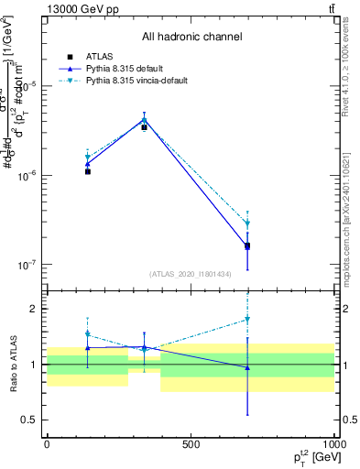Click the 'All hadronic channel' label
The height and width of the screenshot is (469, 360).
click(191, 37)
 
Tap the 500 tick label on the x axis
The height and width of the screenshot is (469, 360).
click(190, 444)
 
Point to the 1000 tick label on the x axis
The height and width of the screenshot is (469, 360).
click(333, 444)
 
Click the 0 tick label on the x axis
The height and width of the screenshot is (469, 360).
click(47, 444)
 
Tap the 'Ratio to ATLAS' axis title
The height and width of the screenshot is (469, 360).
click(12, 365)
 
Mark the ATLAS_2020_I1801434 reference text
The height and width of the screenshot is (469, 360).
click(191, 274)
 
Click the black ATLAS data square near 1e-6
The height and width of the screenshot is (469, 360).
click(88, 171)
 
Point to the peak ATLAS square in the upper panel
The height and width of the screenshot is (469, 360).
click(144, 127)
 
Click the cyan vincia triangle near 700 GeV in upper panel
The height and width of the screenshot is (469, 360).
click(247, 224)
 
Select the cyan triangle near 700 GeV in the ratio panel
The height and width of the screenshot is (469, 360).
click(247, 319)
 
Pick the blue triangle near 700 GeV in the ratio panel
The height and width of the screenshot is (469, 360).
click(247, 367)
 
